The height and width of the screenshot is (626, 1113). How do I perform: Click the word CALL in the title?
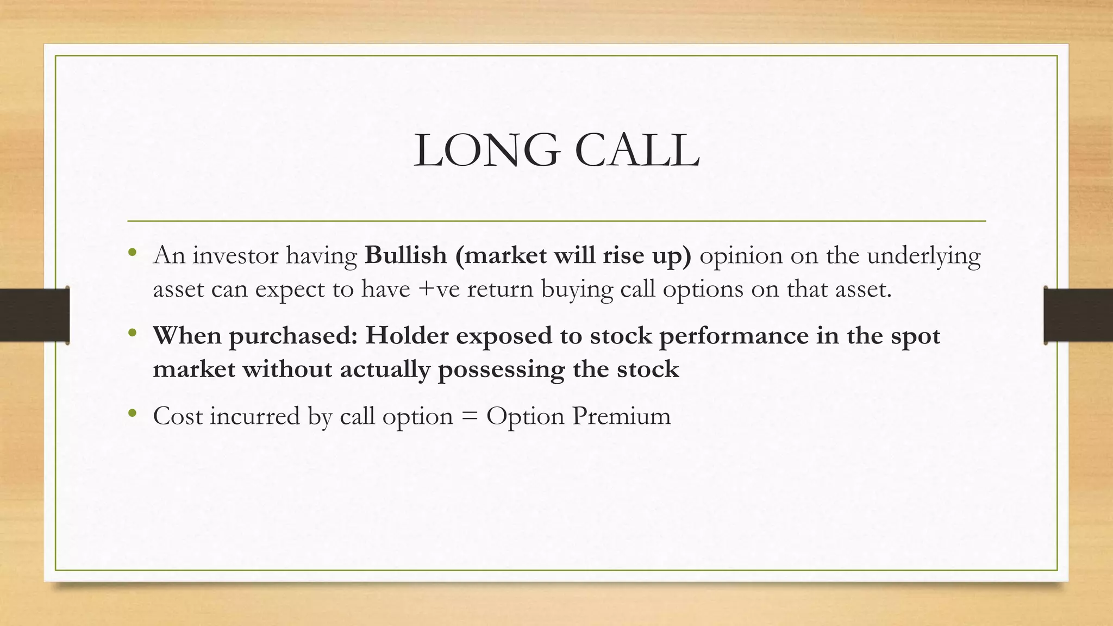637,151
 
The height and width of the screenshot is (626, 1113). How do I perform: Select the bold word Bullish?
405,255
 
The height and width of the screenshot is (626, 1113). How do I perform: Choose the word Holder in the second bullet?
407,336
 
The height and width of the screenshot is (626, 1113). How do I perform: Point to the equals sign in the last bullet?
469,417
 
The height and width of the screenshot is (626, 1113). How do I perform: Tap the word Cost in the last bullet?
177,416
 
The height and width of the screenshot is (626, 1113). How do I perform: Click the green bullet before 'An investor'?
132,252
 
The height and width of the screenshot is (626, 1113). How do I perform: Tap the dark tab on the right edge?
1078,315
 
